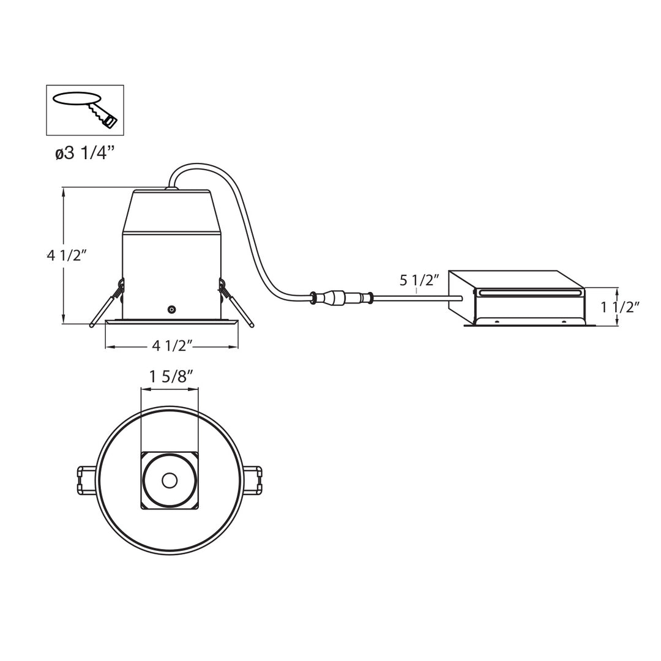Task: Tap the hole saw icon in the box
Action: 85,110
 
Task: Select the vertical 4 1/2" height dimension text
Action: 67,256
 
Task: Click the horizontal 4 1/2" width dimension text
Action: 172,346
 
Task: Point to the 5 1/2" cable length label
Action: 419,280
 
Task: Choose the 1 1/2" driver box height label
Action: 620,307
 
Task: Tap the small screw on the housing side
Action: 172,310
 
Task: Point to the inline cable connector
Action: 343,298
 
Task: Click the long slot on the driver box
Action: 529,293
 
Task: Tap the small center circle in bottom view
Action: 170,480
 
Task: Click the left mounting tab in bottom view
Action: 86,480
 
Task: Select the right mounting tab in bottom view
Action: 253,480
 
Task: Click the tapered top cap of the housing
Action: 171,211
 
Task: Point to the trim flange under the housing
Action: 171,322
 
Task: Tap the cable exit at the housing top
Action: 171,187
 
